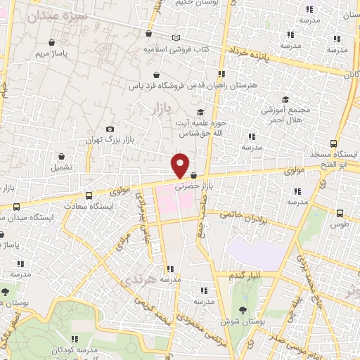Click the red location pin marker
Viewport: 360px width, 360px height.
tap(181, 165)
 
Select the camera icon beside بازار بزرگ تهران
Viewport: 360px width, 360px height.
tap(110, 129)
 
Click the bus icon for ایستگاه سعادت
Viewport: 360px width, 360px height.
tap(88, 196)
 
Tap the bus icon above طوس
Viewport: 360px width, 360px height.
tap(340, 213)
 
